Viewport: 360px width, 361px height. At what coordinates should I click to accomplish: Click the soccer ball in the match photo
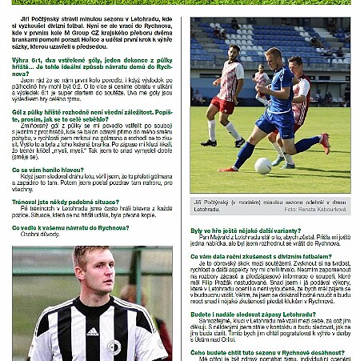coord(263,166)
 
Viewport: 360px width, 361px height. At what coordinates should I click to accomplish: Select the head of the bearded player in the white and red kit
coord(235,54)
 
